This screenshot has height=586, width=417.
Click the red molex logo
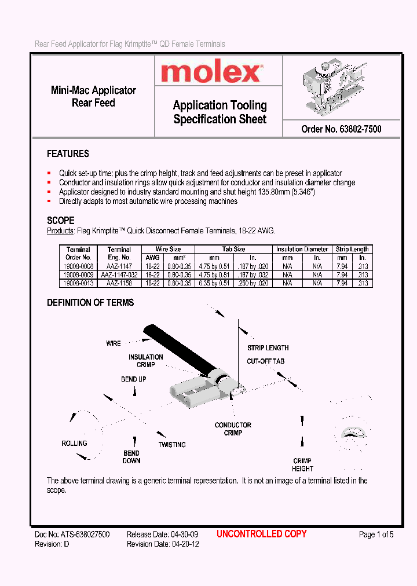[211, 72]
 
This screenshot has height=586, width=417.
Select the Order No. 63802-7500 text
[341, 129]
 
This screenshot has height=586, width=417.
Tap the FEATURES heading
[68, 154]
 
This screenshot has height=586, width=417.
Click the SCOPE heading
[60, 221]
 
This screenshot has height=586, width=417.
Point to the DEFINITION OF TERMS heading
[90, 303]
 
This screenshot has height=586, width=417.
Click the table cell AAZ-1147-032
[119, 275]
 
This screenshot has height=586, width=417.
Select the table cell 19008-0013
[78, 283]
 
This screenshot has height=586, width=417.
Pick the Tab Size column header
[233, 249]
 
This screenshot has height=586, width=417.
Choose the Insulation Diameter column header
[302, 249]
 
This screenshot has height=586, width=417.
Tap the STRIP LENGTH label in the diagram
[268, 348]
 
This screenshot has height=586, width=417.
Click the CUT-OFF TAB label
[265, 361]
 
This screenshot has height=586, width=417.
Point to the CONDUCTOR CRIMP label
[233, 429]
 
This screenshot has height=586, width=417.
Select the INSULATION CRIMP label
[145, 361]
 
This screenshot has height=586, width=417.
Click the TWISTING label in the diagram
[172, 445]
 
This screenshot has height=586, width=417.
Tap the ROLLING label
[74, 444]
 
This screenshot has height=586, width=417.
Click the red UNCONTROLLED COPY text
[261, 534]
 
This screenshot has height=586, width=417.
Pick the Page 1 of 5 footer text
[376, 534]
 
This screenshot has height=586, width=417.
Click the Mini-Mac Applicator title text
[93, 90]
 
